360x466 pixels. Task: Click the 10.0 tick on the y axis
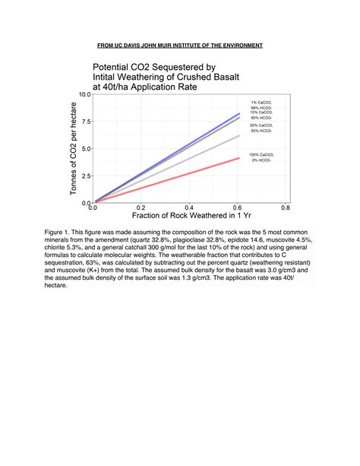pyautogui.click(x=84, y=94)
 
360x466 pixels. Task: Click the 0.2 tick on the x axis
pyautogui.click(x=141, y=208)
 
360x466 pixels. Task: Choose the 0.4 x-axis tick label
pyautogui.click(x=188, y=208)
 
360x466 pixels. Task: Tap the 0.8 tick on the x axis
pyautogui.click(x=285, y=208)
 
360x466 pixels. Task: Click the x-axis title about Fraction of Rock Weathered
pyautogui.click(x=188, y=216)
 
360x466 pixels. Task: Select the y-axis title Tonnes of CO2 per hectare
pyautogui.click(x=74, y=147)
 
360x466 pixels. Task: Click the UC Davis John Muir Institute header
pyautogui.click(x=180, y=45)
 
